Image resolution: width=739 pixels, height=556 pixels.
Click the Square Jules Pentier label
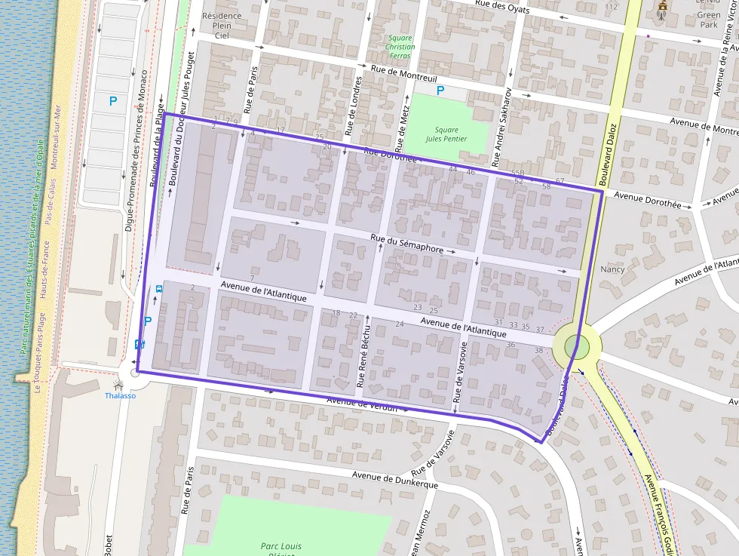pyautogui.click(x=446, y=134)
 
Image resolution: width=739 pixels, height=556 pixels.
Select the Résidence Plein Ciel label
pyautogui.click(x=222, y=25)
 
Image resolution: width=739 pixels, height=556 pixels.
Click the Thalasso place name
pyautogui.click(x=120, y=395)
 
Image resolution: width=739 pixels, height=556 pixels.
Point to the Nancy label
pyautogui.click(x=612, y=269)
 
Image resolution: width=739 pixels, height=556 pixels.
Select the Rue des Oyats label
pyautogui.click(x=501, y=7)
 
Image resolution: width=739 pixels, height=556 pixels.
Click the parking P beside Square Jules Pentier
pyautogui.click(x=441, y=91)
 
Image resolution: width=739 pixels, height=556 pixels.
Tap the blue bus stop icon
pyautogui.click(x=159, y=289)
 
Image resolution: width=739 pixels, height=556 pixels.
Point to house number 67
pyautogui.click(x=560, y=181)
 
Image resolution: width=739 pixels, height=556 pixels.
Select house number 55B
pyautogui.click(x=517, y=174)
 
